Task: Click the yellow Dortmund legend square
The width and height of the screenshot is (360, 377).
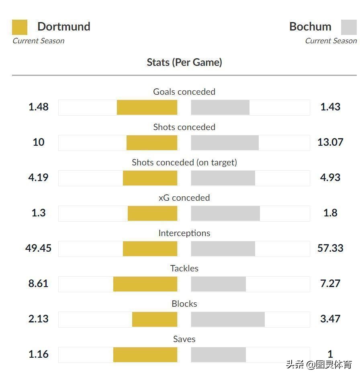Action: point(20,27)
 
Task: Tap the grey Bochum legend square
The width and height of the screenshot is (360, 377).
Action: point(348,27)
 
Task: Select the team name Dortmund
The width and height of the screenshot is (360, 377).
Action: point(63,26)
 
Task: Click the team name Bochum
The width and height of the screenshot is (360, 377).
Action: point(310,26)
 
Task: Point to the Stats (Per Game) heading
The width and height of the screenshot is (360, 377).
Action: point(184,62)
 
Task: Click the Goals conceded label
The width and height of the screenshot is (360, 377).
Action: point(184,92)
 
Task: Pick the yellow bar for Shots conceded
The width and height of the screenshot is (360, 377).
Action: point(152,143)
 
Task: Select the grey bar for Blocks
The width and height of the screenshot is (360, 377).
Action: point(228,319)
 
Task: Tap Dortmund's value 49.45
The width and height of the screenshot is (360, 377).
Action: point(38,248)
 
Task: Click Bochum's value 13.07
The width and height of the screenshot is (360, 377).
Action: point(330,142)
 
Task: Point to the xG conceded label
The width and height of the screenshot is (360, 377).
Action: point(184,198)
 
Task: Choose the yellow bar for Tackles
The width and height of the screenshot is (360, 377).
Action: point(145,284)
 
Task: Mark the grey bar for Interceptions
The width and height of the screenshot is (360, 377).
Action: point(223,249)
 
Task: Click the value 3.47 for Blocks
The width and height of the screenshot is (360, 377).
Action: point(330,319)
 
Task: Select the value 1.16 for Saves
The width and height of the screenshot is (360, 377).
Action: point(38,354)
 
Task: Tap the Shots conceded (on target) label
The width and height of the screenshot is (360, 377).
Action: point(184,162)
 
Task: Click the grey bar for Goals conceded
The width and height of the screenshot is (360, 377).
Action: point(220,107)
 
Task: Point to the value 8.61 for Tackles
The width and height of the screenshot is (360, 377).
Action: point(38,283)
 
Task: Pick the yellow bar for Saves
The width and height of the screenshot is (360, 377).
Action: point(145,355)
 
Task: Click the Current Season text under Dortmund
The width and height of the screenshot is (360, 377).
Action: point(38,41)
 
